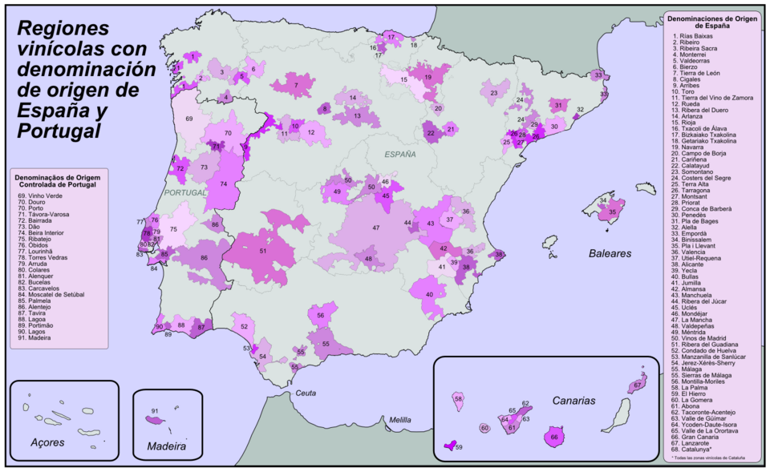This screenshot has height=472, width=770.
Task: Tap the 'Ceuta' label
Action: (x=306, y=393)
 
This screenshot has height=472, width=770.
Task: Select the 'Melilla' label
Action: (x=399, y=420)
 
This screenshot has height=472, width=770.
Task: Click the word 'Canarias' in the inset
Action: (x=573, y=400)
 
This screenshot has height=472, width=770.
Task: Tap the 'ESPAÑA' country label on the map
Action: (x=399, y=154)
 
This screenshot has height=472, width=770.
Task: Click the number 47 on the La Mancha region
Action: (x=375, y=228)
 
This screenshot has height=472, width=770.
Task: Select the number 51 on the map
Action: (x=263, y=251)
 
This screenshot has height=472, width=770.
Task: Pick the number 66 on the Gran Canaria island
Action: (x=555, y=438)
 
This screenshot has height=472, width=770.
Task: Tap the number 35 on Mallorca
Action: (x=613, y=212)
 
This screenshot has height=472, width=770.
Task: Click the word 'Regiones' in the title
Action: (x=63, y=28)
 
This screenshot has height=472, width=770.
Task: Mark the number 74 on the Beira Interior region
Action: (x=224, y=184)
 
